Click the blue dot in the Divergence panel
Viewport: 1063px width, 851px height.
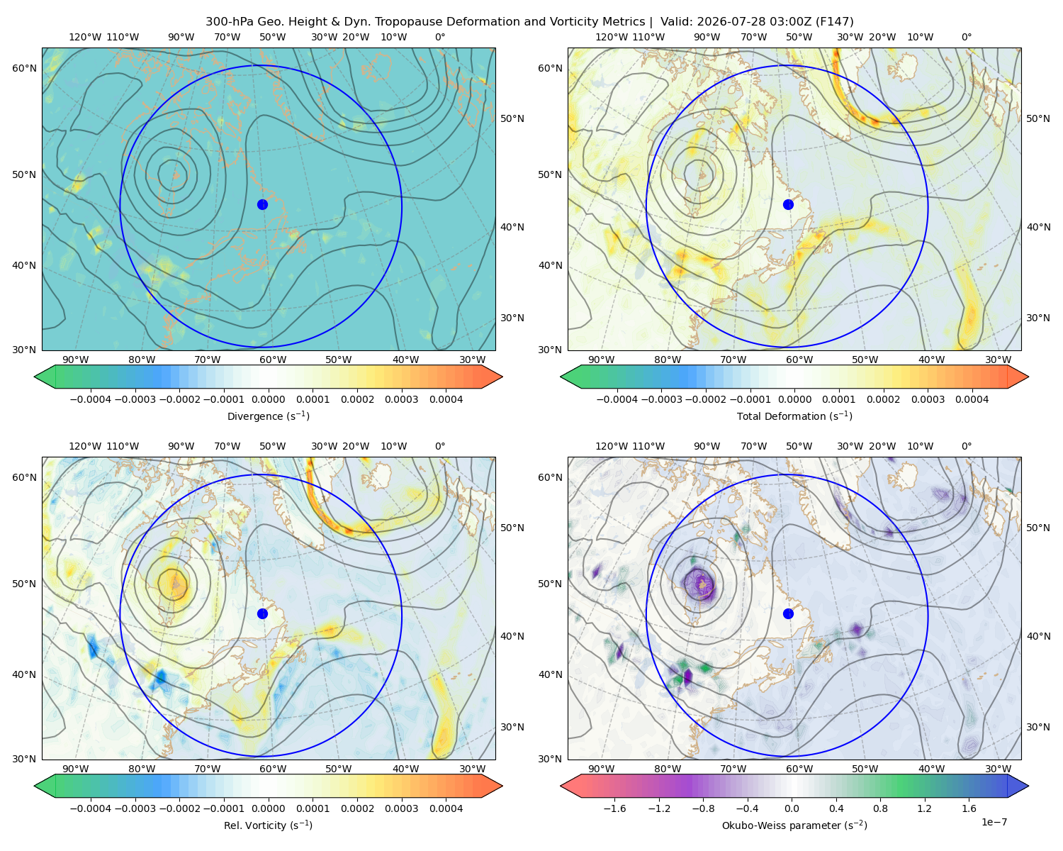click(262, 204)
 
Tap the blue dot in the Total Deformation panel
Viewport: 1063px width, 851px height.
click(788, 204)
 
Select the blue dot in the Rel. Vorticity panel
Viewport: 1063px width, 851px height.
click(262, 613)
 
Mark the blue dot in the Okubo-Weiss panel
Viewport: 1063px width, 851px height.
click(788, 613)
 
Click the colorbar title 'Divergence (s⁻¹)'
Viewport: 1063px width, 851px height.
click(268, 416)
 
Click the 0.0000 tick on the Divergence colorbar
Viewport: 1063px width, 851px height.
click(268, 399)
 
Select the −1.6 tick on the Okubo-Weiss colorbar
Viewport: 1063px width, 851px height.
click(614, 808)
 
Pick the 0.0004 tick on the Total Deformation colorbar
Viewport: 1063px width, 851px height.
click(972, 399)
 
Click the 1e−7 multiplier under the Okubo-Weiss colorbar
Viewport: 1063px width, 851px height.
click(994, 822)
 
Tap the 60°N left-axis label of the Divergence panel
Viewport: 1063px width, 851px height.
click(24, 68)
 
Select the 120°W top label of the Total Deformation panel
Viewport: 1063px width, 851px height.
click(611, 37)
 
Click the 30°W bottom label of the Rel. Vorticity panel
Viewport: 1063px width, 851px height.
click(472, 769)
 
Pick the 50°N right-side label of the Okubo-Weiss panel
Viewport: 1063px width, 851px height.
click(1038, 528)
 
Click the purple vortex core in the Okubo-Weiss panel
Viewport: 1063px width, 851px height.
click(700, 584)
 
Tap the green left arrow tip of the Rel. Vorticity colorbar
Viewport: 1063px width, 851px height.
click(35, 786)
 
